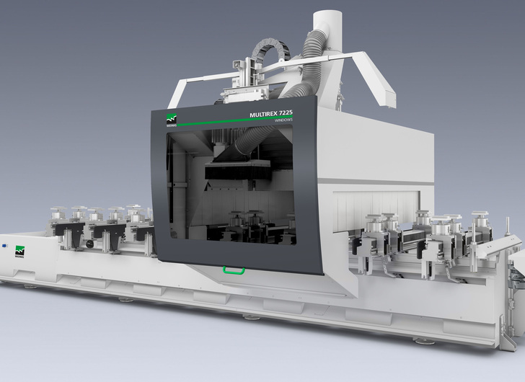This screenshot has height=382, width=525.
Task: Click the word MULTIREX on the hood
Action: coord(264,114)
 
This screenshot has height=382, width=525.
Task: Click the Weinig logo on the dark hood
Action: coord(172,119)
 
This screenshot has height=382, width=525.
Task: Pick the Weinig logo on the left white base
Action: coord(19,252)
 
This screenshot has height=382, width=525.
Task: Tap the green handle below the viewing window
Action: coord(233,270)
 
